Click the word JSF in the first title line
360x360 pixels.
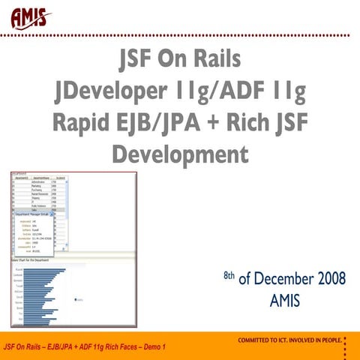pyautogui.click(x=142, y=60)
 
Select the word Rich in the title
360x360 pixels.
pyautogui.click(x=251, y=123)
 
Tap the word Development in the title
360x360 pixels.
pyautogui.click(x=180, y=154)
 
